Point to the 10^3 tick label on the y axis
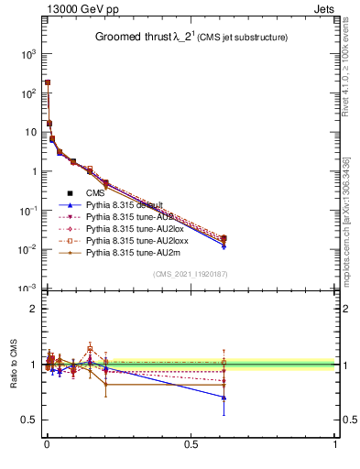pos(27,54)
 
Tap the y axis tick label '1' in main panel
pos(33,171)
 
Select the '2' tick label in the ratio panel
pos(33,309)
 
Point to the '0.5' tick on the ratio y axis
pos(29,420)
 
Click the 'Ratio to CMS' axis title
pos(13,365)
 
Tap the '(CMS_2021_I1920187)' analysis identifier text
pos(190,274)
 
